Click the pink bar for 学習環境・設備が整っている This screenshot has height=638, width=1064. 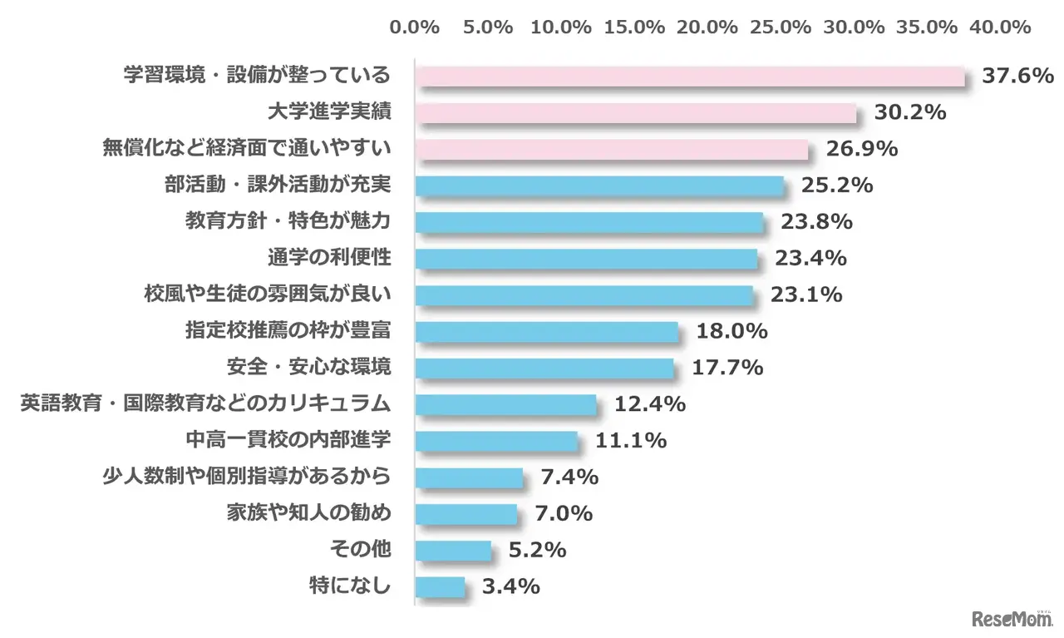pyautogui.click(x=690, y=77)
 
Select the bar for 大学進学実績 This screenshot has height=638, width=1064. pyautogui.click(x=636, y=113)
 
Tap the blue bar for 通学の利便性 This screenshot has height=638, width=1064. pyautogui.click(x=586, y=259)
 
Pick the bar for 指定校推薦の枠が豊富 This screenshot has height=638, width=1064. pyautogui.click(x=547, y=332)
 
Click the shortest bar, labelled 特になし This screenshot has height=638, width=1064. pyautogui.click(x=440, y=587)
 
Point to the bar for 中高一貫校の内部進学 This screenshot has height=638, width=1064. pyautogui.click(x=496, y=441)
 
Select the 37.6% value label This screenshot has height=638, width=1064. pyautogui.click(x=1017, y=77)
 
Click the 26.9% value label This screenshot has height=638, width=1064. pyautogui.click(x=862, y=150)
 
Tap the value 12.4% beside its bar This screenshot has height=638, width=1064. pyautogui.click(x=650, y=405)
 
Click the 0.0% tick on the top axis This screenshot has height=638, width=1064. pyautogui.click(x=414, y=27)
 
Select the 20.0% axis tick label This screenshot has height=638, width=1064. pyautogui.click(x=707, y=27)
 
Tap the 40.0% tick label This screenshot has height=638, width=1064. pyautogui.click(x=1000, y=27)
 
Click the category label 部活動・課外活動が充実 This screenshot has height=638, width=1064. pyautogui.click(x=277, y=185)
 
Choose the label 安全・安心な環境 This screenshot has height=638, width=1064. pyautogui.click(x=308, y=368)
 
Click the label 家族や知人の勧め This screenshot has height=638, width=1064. pyautogui.click(x=308, y=513)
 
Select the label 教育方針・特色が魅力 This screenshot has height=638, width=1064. pyautogui.click(x=288, y=222)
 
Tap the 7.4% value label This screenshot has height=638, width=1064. pyautogui.click(x=569, y=477)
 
